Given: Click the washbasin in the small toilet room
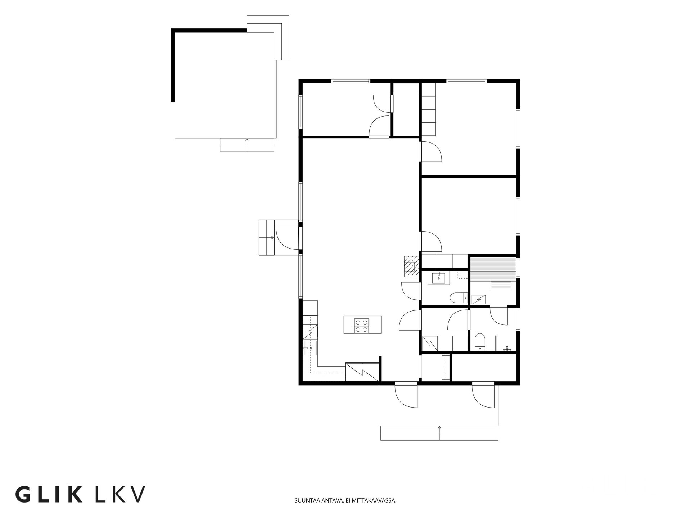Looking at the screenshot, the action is click(438, 278).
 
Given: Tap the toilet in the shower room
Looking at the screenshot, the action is click(480, 342).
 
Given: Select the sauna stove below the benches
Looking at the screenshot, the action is click(479, 299).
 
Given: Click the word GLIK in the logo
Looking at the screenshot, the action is click(49, 494).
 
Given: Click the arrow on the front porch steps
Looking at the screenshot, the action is click(439, 433).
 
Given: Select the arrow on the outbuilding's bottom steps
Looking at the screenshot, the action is click(247, 145).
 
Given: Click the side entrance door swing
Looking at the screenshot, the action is click(287, 238).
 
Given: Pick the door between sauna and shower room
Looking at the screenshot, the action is click(499, 315).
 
